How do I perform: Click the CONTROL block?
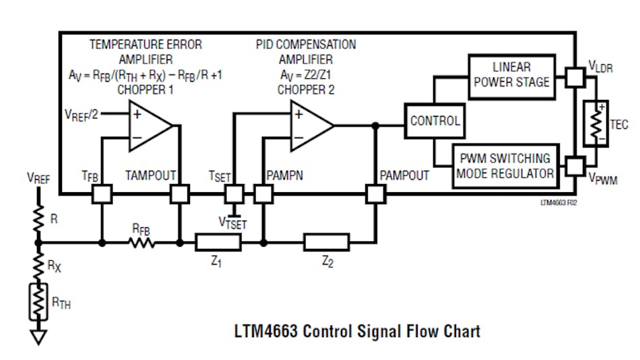click(x=435, y=121)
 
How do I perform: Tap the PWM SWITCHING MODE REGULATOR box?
click(x=505, y=166)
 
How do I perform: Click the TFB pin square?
click(x=102, y=195)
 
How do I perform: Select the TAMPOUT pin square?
click(x=180, y=195)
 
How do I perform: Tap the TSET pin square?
click(x=234, y=195)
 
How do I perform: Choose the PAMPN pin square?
click(x=263, y=195)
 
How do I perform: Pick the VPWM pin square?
click(x=575, y=166)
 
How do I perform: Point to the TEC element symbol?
click(x=595, y=123)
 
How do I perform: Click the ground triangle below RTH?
click(x=38, y=336)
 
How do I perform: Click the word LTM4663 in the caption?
click(x=265, y=332)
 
